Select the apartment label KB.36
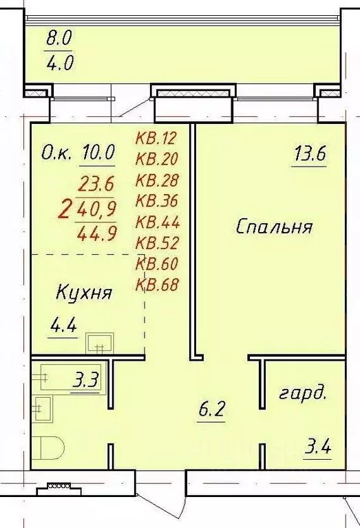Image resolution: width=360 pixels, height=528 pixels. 157,201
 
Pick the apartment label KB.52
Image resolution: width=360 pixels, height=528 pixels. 157,242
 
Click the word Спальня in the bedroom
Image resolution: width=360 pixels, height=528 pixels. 275,227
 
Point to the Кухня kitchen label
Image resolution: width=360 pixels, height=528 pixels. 84,293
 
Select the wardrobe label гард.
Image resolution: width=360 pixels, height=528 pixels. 302,394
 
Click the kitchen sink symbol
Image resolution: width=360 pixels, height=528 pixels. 100,341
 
